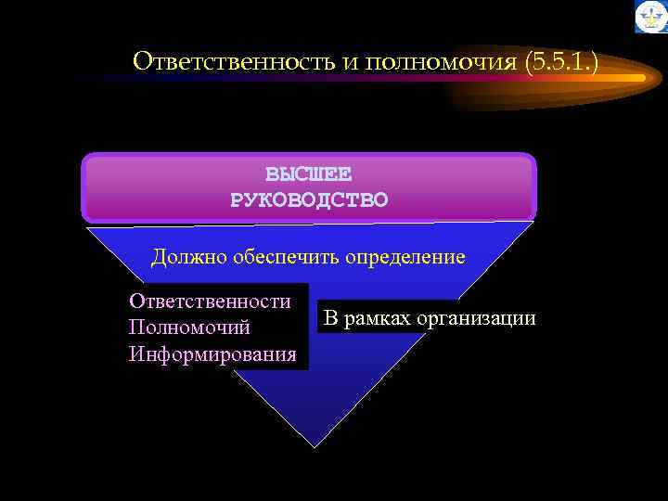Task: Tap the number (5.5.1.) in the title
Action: [x=561, y=62]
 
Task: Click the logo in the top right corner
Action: [x=650, y=17]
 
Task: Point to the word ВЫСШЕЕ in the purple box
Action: [x=308, y=174]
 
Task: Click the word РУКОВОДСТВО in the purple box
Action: [x=309, y=199]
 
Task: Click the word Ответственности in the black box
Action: [x=211, y=301]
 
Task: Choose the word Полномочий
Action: [x=189, y=328]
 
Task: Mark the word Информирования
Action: [x=213, y=353]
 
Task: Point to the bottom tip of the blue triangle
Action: [x=316, y=446]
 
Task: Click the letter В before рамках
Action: [x=328, y=318]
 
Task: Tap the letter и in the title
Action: [x=350, y=62]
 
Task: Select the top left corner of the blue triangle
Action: [x=89, y=226]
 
